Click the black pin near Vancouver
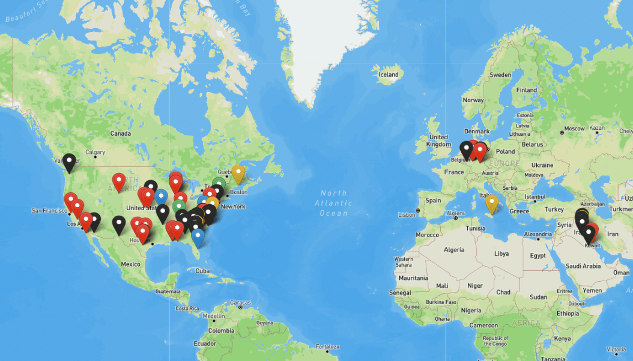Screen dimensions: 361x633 pos(70,162)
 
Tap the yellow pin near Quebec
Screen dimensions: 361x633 pos(238,173)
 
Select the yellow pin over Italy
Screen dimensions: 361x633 pos(492,203)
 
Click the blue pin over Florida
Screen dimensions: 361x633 pos(198,237)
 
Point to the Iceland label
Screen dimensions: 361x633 pos(388,74)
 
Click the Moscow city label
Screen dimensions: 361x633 pos(574,129)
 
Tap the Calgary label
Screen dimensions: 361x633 pos(95,152)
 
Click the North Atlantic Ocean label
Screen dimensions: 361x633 pos(333,203)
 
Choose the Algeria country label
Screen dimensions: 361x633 pos(453,249)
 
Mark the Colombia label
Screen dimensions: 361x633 pos(222,330)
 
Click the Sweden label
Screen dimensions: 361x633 pos(500,75)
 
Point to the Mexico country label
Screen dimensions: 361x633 pos(130,264)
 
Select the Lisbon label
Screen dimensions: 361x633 pos(407,214)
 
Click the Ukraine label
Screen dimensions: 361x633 pos(542,165)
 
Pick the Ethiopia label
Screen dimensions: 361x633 pos(568,314)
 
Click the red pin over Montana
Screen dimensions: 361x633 pos(119,181)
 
